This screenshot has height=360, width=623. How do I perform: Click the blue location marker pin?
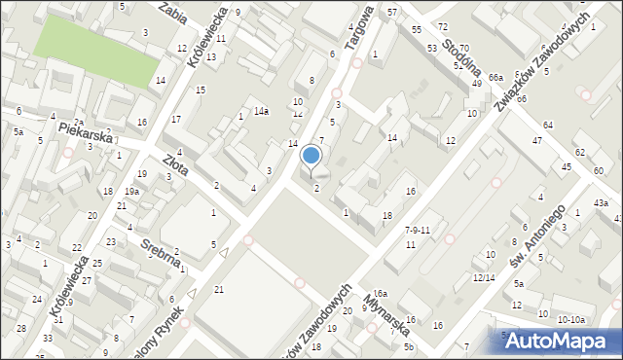(311, 156)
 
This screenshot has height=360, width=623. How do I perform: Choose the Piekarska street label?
(87, 126)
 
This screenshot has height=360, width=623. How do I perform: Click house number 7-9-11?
(417, 230)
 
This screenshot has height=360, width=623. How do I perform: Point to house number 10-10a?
(571, 319)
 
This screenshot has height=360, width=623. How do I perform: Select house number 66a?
(495, 77)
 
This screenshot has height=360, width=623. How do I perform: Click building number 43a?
(603, 202)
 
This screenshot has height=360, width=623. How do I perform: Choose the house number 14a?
(261, 112)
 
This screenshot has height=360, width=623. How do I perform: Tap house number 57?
(391, 12)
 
